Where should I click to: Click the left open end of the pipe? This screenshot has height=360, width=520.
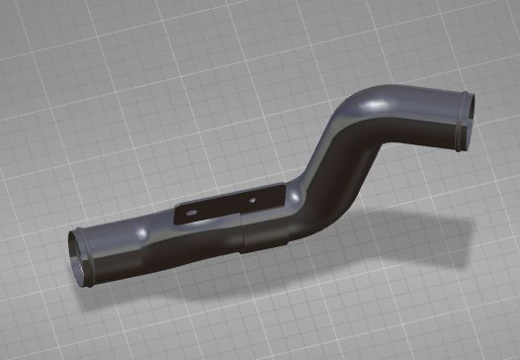pos(79,255)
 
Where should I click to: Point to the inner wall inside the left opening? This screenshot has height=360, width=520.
pos(77,261)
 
